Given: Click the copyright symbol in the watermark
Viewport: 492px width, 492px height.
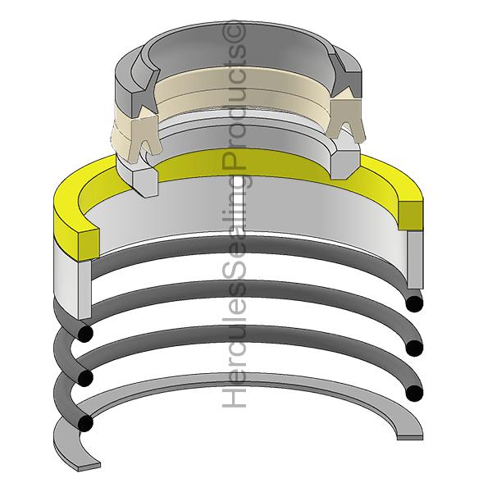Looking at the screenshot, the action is pyautogui.click(x=234, y=31).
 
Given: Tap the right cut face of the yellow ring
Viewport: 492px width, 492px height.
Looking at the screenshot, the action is pyautogui.click(x=411, y=215).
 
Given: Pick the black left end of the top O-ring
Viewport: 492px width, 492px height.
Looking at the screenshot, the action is pyautogui.click(x=85, y=334).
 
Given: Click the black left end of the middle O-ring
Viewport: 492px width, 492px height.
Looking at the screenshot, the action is pyautogui.click(x=85, y=378).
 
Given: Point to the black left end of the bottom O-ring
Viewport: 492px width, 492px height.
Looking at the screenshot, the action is pyautogui.click(x=85, y=423).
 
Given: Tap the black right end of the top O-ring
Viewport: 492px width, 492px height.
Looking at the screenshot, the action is pyautogui.click(x=414, y=303).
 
